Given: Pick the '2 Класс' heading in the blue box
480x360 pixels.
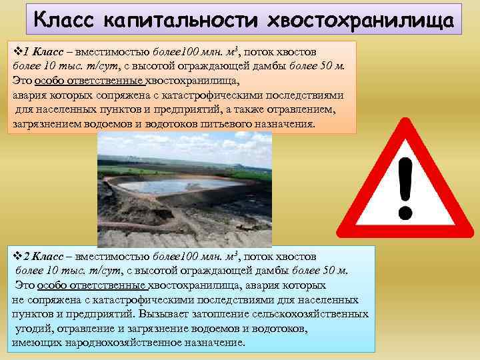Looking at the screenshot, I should (x=45, y=256).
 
